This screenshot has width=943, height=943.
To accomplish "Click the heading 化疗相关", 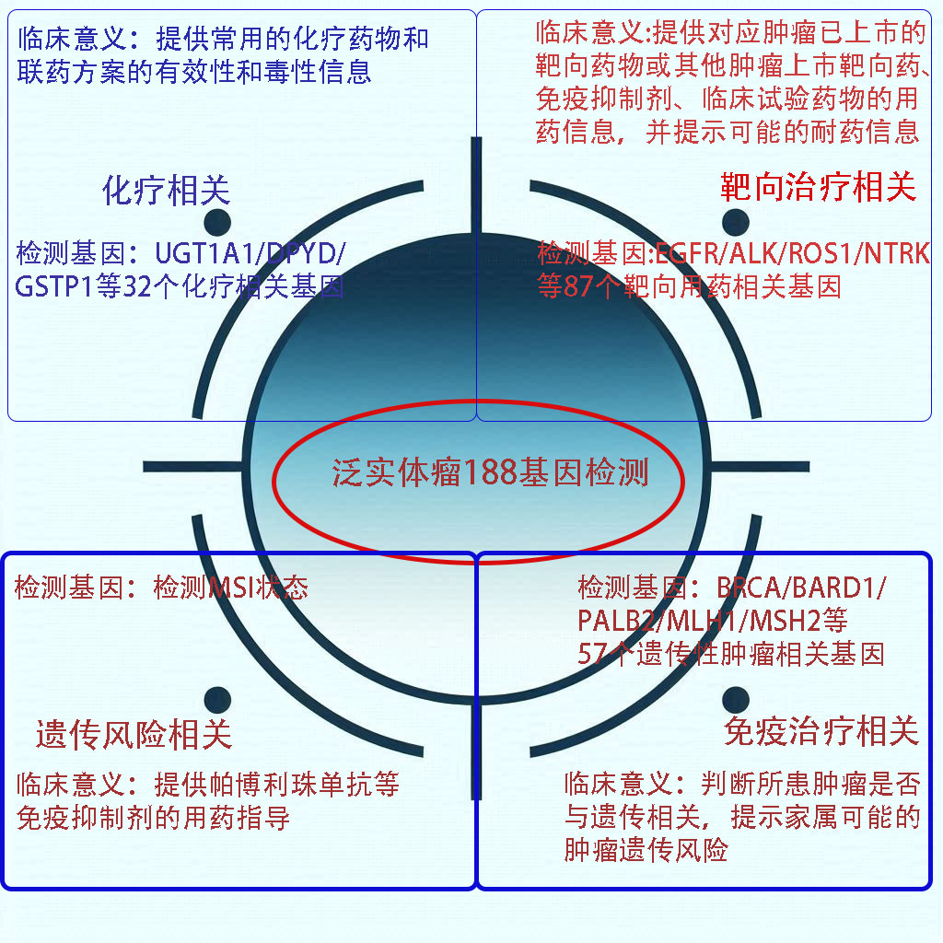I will tap(167, 191).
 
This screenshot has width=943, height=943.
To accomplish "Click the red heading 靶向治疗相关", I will tap(818, 188).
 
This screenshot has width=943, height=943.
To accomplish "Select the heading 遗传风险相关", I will tap(134, 735).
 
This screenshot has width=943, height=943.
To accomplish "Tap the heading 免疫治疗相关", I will tap(821, 732).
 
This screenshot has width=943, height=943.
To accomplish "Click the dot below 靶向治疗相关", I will tap(735, 221).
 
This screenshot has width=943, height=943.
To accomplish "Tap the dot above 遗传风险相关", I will tap(217, 700).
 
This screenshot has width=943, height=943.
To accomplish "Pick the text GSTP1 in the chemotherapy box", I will tap(56, 286).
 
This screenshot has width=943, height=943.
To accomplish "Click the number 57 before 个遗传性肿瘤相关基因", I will tap(593, 654).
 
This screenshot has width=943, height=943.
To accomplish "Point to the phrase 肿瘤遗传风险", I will tap(646, 849).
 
